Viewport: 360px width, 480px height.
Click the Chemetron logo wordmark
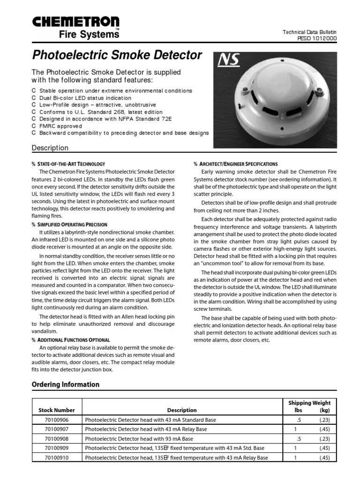(75, 22)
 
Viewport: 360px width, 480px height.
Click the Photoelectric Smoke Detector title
(117, 55)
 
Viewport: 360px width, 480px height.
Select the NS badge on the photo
(229, 60)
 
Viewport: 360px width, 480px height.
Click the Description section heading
(50, 148)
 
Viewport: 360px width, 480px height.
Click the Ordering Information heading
(65, 384)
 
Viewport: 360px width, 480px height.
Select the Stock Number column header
(56, 410)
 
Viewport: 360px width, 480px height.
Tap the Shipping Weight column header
(309, 403)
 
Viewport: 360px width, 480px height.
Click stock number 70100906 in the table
(56, 420)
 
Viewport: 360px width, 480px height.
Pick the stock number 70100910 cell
(56, 458)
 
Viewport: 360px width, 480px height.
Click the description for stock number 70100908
(139, 439)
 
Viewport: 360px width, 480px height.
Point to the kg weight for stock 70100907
(324, 429)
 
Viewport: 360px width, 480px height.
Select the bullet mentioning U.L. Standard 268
(101, 112)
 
